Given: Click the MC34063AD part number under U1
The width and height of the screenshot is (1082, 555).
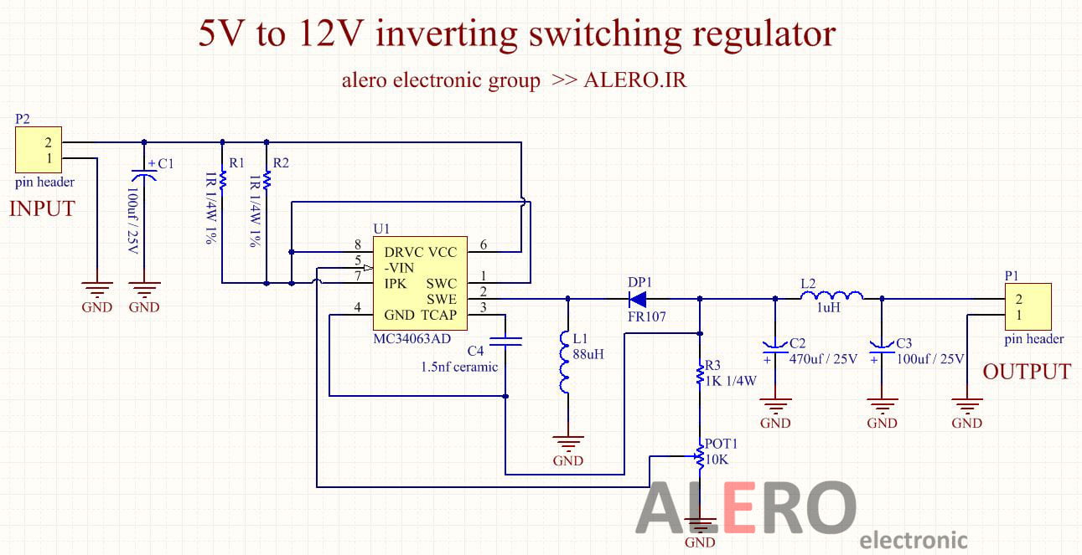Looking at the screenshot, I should pyautogui.click(x=412, y=338).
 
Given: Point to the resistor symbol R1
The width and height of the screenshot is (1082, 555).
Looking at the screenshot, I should pyautogui.click(x=223, y=179).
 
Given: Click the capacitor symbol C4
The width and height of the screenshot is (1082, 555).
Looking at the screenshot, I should pyautogui.click(x=506, y=341).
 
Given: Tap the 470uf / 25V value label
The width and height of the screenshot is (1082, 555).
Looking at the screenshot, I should pyautogui.click(x=823, y=359).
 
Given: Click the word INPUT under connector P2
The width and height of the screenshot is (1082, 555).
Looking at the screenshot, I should pyautogui.click(x=42, y=208).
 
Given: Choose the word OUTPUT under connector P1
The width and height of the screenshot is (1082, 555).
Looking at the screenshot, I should pyautogui.click(x=1027, y=372).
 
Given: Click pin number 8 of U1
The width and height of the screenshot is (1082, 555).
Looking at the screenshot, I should pyautogui.click(x=358, y=244).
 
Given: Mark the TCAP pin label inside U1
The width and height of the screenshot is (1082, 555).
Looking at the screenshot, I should pyautogui.click(x=438, y=315).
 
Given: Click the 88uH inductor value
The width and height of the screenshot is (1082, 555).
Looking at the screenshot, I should pyautogui.click(x=588, y=354).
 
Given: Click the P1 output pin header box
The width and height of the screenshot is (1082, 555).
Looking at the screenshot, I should pyautogui.click(x=1027, y=306).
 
